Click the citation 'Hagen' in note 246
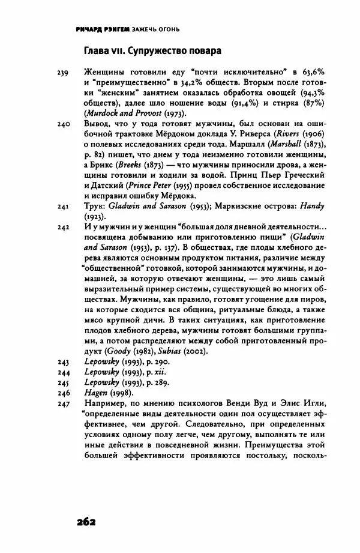click(96, 393)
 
